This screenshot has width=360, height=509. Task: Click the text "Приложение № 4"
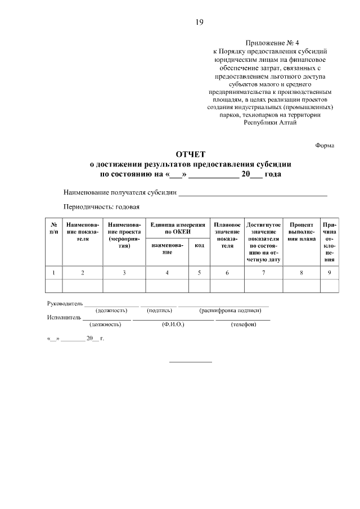point(269,43)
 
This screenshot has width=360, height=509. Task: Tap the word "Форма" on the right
point(325,145)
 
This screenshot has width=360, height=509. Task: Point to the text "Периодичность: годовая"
point(101,206)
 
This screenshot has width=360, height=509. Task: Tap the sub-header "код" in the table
point(199,245)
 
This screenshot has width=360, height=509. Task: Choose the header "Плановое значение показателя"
point(227,235)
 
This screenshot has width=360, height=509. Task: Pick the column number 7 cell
point(263,272)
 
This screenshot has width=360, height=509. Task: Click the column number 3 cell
point(124,272)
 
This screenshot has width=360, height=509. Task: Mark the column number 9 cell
point(329,272)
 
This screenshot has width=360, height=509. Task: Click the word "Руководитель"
point(65,304)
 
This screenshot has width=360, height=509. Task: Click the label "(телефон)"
point(244,325)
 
